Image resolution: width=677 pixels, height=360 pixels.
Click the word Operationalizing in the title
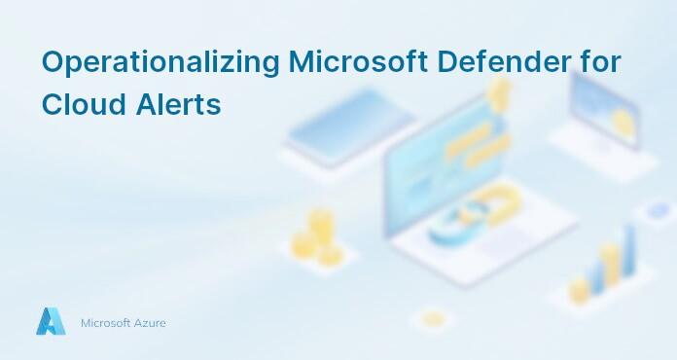pos(161,62)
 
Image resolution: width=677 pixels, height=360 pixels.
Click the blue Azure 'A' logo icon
pos(51,321)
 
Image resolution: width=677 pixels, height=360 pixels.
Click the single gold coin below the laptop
pos(433,318)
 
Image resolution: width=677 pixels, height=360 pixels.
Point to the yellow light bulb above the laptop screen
pos(500,92)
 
